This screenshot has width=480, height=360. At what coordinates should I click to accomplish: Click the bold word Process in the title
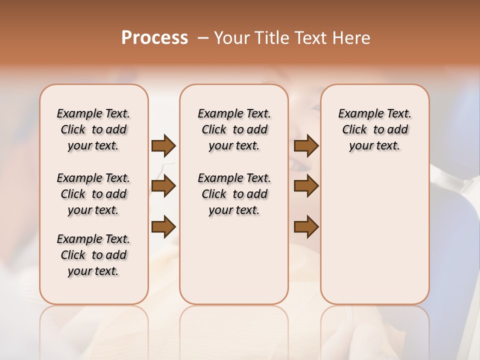click(x=154, y=38)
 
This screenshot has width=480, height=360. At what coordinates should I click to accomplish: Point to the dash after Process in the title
click(x=202, y=38)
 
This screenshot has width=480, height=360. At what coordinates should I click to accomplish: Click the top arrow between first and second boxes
click(x=163, y=145)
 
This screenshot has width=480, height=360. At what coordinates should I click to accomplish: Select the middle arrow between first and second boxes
click(x=163, y=186)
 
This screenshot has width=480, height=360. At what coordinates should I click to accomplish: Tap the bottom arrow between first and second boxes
click(x=163, y=226)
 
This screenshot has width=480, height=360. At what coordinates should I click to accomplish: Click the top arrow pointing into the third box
click(x=306, y=145)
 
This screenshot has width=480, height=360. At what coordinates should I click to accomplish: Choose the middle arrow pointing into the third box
click(x=306, y=186)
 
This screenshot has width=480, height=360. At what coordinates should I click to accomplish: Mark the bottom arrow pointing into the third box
click(x=306, y=226)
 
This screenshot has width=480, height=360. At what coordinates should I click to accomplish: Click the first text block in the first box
click(x=93, y=129)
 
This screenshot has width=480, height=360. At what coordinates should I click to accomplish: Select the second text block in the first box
click(x=93, y=194)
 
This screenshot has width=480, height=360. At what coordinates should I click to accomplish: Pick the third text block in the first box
click(x=93, y=255)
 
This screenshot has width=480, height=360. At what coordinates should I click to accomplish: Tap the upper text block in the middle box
click(x=234, y=129)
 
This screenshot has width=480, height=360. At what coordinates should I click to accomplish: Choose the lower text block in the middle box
click(x=234, y=194)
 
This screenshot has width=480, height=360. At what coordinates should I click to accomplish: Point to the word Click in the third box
click(x=354, y=130)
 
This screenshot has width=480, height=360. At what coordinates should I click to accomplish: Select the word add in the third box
click(x=398, y=130)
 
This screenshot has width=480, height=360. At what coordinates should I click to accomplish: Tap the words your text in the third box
click(x=374, y=146)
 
